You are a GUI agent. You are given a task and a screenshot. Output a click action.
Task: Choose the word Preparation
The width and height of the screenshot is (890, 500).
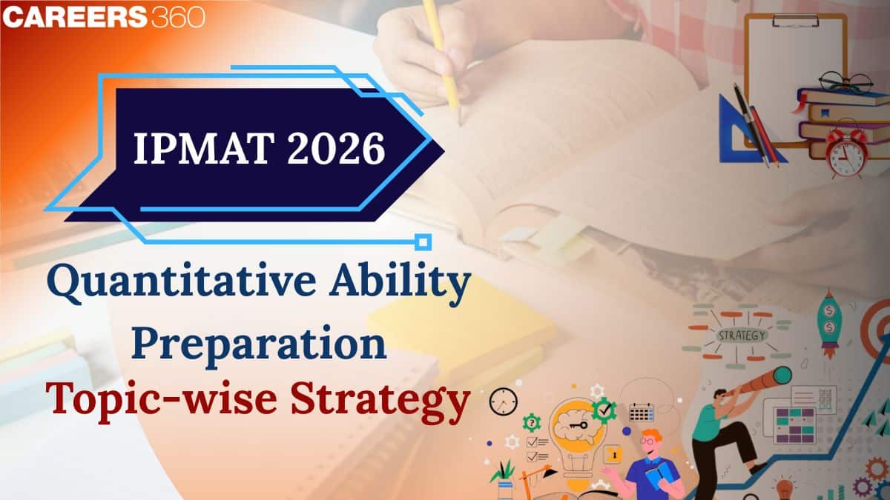tap(259, 345)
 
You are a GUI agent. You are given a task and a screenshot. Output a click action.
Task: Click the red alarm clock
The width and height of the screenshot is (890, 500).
tap(847, 152)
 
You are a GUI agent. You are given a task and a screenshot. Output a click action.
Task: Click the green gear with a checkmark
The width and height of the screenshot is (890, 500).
tap(604, 408)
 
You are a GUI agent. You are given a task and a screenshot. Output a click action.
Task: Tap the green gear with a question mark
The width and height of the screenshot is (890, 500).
tap(532, 423)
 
